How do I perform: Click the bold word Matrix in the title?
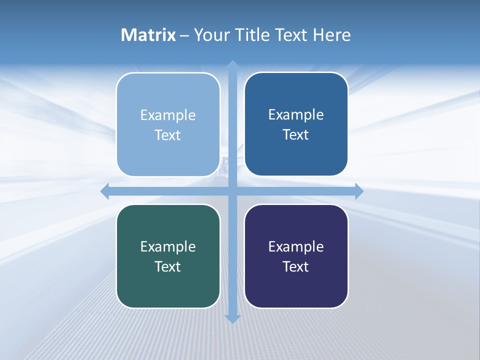[x=148, y=35]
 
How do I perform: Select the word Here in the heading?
[x=331, y=35]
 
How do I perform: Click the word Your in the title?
[x=212, y=35]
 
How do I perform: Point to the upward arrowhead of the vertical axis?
[x=232, y=65]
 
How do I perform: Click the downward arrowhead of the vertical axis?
[x=232, y=318]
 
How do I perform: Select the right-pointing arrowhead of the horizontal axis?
[x=358, y=191]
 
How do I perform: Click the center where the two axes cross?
[x=232, y=191]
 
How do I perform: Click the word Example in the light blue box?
[x=168, y=115]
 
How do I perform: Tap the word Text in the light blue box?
[x=168, y=135]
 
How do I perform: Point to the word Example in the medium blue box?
[x=296, y=115]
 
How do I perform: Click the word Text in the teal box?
[x=168, y=266]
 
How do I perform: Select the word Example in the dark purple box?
[x=296, y=246]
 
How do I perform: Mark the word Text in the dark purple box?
[x=296, y=266]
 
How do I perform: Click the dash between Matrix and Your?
[x=184, y=35]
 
